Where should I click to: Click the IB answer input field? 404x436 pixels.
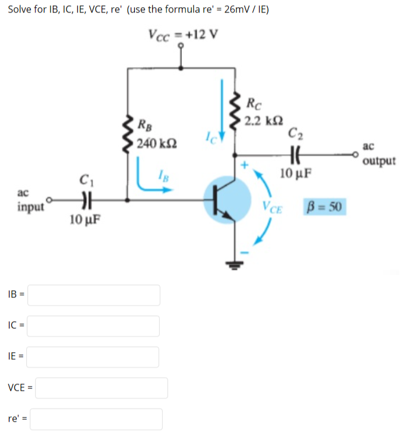point(94,295)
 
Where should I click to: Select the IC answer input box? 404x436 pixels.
point(94,326)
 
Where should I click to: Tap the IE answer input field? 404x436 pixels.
point(94,357)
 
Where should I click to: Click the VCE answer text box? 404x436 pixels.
point(102,388)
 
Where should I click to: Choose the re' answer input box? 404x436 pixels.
point(96,419)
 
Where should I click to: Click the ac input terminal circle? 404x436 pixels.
point(49,200)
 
